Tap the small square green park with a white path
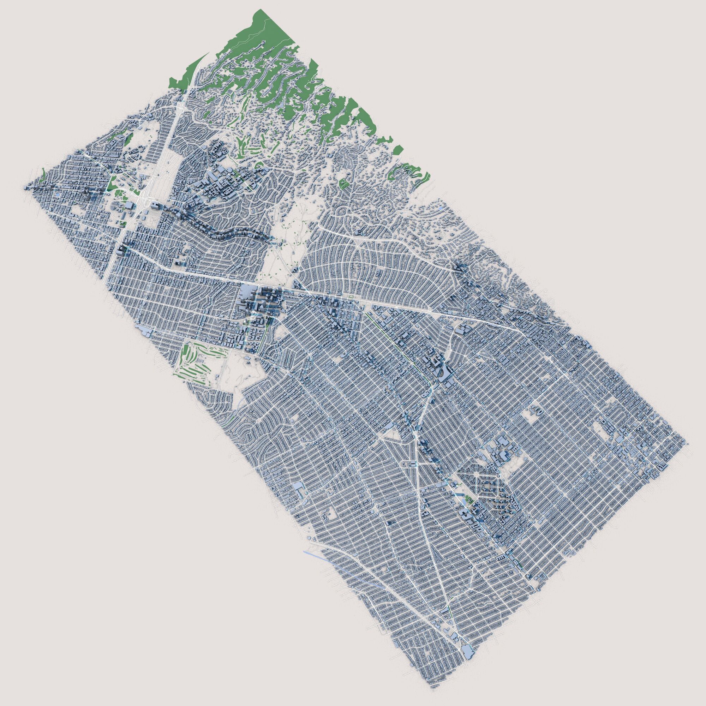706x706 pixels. tap(343, 183)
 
